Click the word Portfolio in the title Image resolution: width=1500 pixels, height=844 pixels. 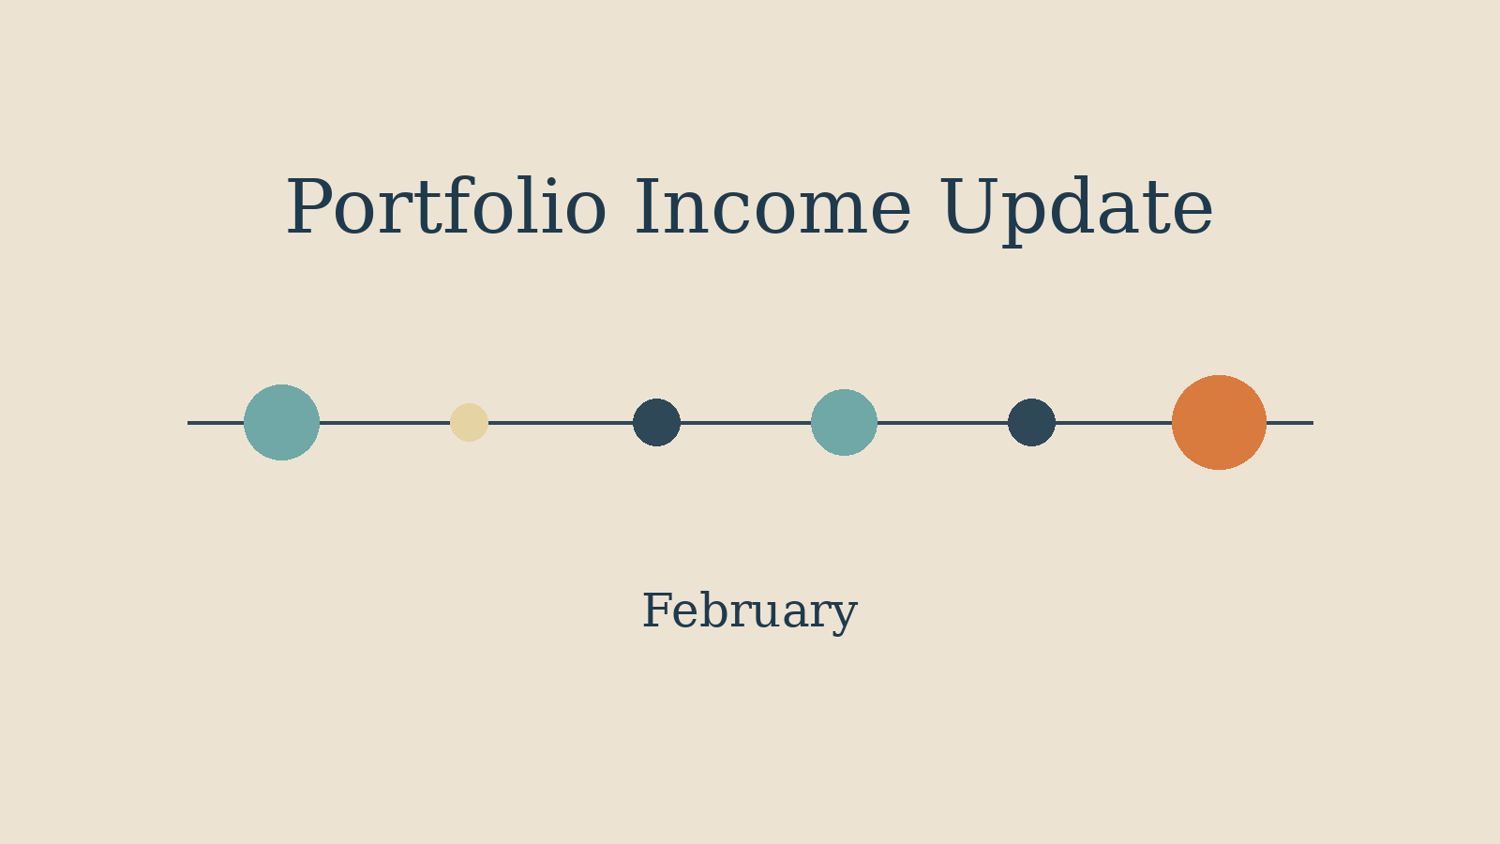click(x=445, y=208)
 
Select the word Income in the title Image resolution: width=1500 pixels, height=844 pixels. click(x=772, y=208)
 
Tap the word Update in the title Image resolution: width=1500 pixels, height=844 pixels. click(x=1075, y=208)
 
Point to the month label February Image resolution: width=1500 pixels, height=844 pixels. click(x=749, y=611)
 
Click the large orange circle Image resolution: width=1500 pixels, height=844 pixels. click(x=1219, y=422)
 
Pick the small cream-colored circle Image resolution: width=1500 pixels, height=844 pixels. click(x=469, y=422)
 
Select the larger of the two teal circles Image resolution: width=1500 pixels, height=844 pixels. click(x=281, y=422)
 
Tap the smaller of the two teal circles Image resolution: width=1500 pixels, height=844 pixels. click(x=844, y=422)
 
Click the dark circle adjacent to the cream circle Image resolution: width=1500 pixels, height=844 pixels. click(x=656, y=422)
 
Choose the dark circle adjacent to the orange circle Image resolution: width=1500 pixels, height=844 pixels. click(x=1031, y=422)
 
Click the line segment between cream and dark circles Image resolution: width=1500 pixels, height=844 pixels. click(x=561, y=422)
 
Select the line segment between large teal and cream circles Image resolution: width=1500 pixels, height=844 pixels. click(x=384, y=422)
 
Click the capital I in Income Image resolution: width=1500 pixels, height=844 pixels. click(x=651, y=208)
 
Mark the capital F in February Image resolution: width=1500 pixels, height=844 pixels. click(x=655, y=611)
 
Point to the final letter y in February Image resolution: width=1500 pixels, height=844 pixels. click(x=845, y=615)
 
